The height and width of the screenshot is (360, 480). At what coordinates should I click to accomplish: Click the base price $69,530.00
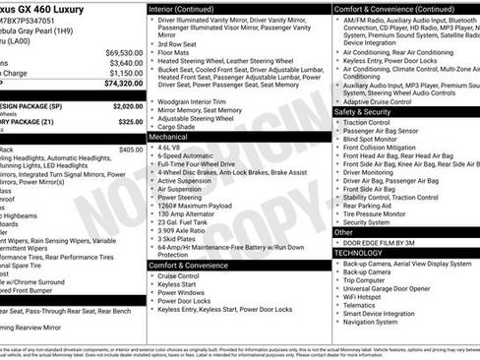123,52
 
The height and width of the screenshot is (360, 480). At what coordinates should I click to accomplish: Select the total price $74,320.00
123,84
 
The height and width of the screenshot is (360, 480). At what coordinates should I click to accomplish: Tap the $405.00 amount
130,150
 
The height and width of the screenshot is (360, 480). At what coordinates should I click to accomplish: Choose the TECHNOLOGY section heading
358,252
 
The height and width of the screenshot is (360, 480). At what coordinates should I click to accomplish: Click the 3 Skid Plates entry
178,238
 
